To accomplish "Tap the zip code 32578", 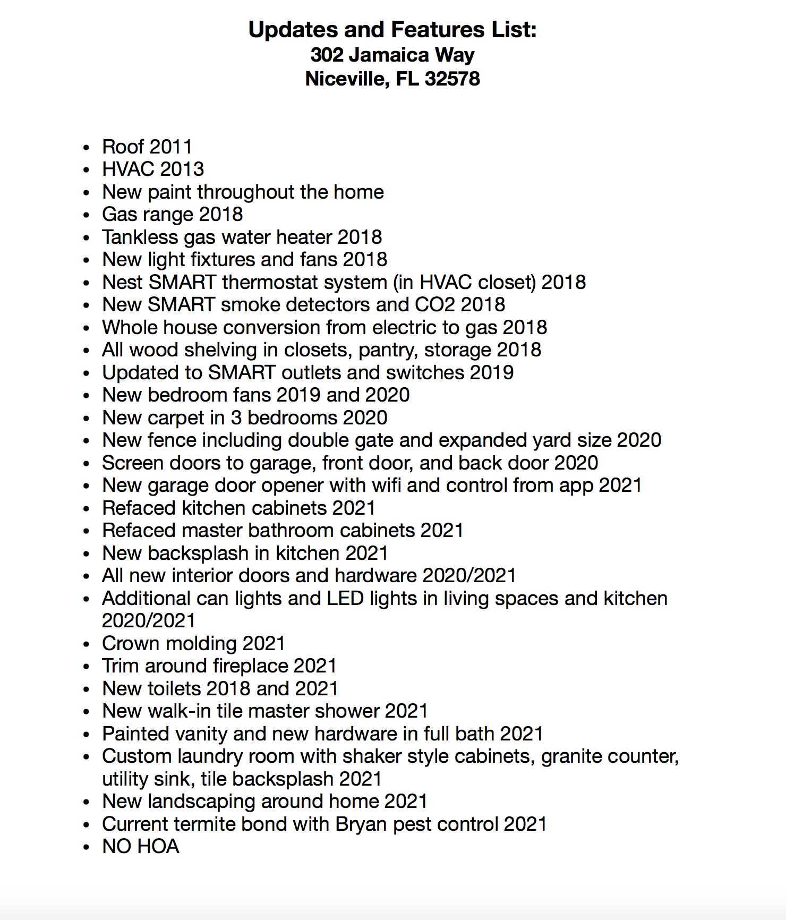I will coord(452,79).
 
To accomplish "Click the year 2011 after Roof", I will coord(170,147).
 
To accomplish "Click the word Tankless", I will coord(140,237).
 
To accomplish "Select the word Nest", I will coord(122,282).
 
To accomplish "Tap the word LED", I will coord(345,598).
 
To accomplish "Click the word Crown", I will coord(131,643).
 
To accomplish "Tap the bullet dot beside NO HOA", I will coord(87,847).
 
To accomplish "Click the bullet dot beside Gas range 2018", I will coord(87,215).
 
